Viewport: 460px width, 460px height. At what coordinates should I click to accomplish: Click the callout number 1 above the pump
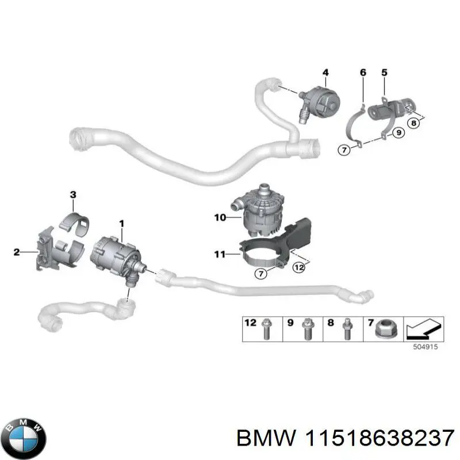tap(121, 222)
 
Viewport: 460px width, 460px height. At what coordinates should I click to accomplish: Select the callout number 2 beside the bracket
tap(17, 252)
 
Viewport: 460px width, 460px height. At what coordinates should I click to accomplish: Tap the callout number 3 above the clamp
tap(73, 195)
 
